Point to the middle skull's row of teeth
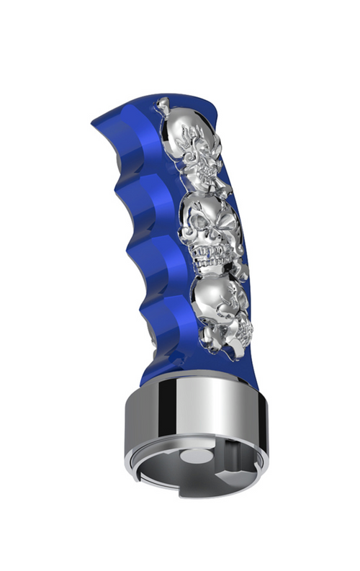(209, 253)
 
